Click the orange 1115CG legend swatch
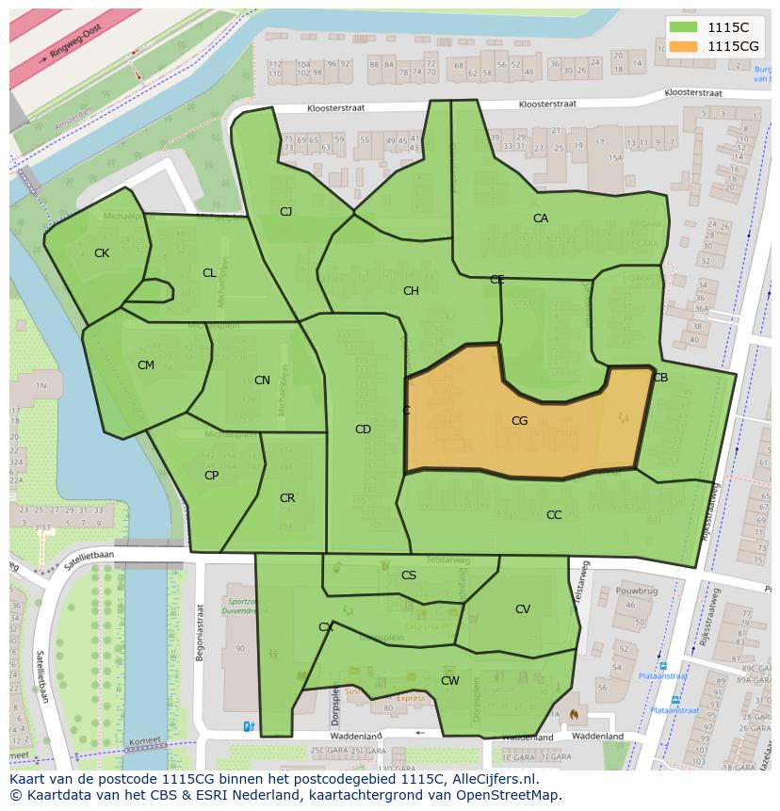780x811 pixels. [x=685, y=46]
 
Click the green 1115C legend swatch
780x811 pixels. [x=685, y=27]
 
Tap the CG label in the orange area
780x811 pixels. [x=519, y=421]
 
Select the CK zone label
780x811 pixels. [x=102, y=253]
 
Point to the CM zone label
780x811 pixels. [x=146, y=365]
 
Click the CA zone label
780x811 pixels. [x=541, y=219]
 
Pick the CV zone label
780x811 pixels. [x=523, y=609]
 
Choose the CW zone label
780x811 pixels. [x=450, y=680]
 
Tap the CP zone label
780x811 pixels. [x=211, y=476]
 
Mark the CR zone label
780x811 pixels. [x=287, y=498]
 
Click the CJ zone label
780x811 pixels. [x=285, y=212]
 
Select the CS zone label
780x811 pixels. [x=409, y=576]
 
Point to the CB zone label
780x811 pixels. [x=660, y=378]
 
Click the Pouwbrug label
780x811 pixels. [x=636, y=591]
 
